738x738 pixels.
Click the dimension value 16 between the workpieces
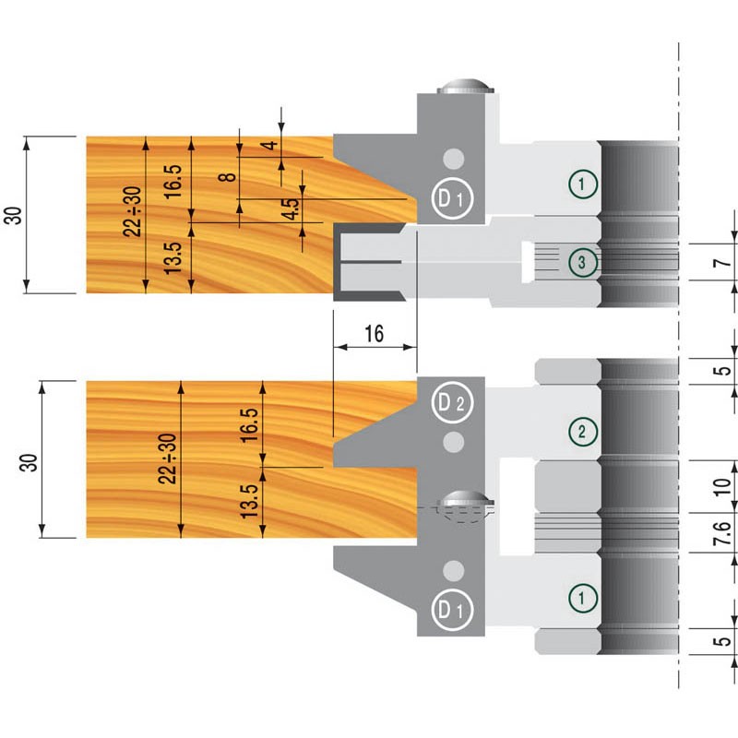coord(374,333)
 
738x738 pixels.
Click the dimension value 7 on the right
coord(725,264)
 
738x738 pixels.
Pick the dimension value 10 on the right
coord(725,486)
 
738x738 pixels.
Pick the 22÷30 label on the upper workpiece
coord(134,212)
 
